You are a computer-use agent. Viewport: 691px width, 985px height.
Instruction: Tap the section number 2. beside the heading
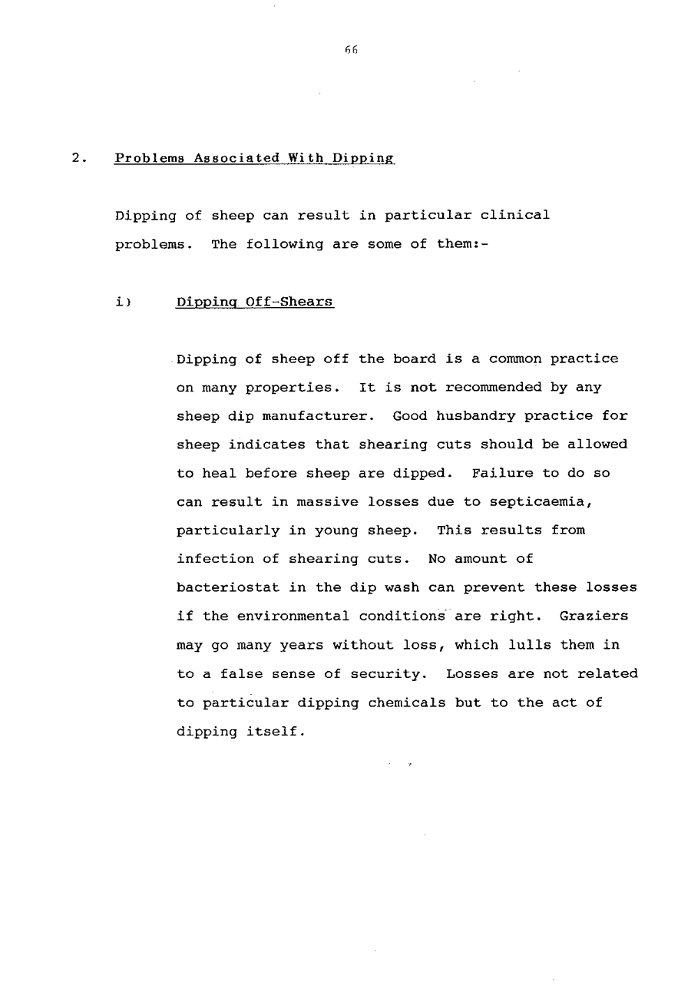(x=77, y=158)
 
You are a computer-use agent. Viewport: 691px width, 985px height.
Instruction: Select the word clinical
(x=519, y=215)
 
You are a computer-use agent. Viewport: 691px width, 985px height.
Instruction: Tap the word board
(x=414, y=359)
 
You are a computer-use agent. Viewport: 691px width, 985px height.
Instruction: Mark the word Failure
(x=498, y=473)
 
